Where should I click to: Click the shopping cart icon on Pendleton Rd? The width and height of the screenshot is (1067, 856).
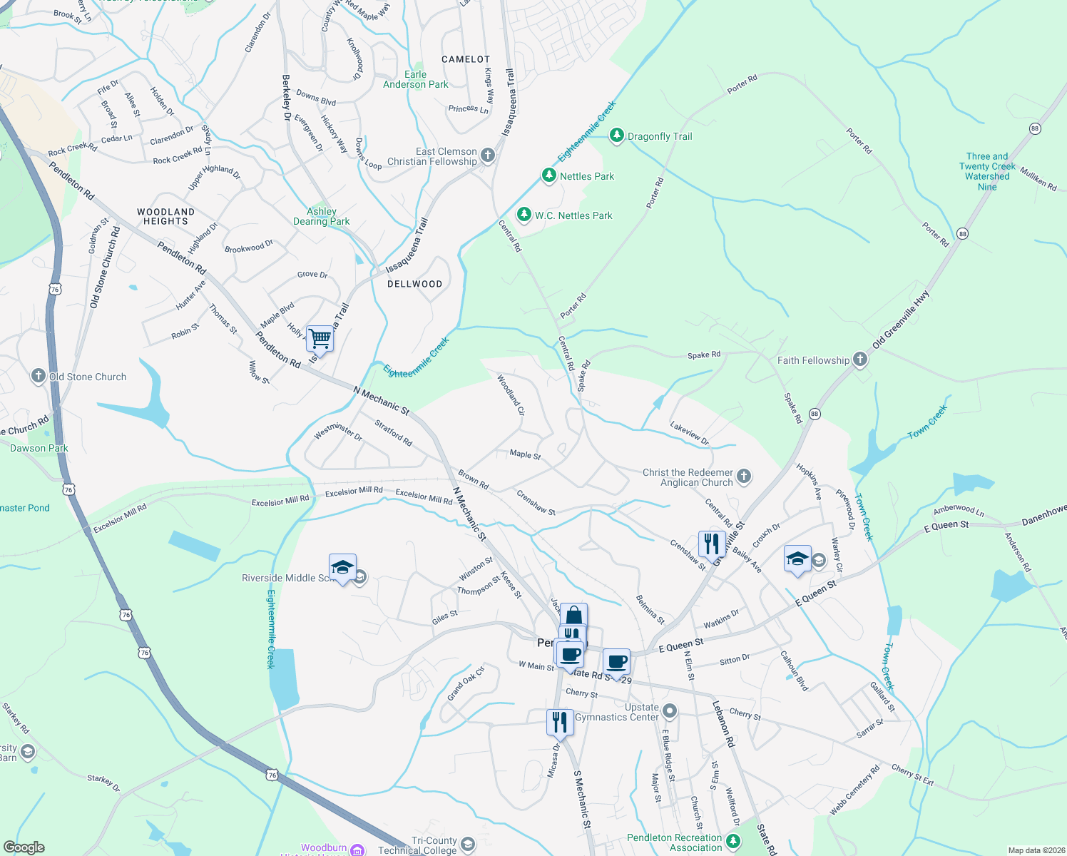(x=320, y=338)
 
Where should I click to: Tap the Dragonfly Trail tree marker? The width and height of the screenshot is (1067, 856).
(x=617, y=136)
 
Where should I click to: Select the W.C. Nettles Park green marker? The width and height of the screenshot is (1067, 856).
(x=524, y=214)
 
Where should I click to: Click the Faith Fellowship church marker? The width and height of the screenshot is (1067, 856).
(x=860, y=360)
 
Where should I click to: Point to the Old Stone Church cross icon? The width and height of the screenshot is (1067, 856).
(x=39, y=376)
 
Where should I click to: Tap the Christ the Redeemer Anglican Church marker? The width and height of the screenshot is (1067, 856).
(x=744, y=477)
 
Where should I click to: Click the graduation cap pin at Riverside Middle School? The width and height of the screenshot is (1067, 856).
(x=342, y=567)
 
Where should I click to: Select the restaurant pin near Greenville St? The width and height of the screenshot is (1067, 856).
(x=712, y=544)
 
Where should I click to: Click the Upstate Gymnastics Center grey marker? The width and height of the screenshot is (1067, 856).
(x=670, y=710)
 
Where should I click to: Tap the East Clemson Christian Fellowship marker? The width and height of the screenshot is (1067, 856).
(x=488, y=155)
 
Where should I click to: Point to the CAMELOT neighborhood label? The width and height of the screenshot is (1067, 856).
(x=466, y=59)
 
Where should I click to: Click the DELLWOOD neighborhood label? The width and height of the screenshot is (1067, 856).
(x=414, y=284)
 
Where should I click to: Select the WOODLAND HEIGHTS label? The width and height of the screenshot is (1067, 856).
(x=165, y=216)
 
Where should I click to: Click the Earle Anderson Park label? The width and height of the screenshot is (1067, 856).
(x=416, y=79)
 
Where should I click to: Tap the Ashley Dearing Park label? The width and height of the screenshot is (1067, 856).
(x=322, y=216)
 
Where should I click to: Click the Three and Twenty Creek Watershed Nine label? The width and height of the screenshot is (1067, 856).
(x=987, y=171)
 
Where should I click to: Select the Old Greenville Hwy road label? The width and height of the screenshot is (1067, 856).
(x=901, y=319)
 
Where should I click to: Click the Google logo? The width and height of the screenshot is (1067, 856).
(x=24, y=847)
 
